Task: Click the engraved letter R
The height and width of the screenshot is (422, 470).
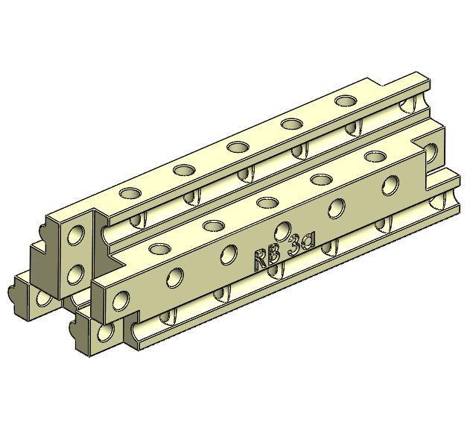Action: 261,259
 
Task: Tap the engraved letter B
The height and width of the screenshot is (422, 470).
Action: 273,254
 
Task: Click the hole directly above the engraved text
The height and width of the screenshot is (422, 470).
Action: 283,230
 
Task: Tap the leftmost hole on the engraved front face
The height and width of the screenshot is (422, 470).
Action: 119,301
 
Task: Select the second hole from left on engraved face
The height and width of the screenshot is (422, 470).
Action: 174,278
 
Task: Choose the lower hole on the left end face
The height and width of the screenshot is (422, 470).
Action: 74,277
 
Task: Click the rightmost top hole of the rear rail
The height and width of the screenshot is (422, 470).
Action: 345,101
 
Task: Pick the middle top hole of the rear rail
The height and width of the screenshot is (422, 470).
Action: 238,146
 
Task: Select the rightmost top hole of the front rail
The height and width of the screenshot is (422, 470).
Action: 375,157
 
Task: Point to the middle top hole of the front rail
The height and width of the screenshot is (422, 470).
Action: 267,201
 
